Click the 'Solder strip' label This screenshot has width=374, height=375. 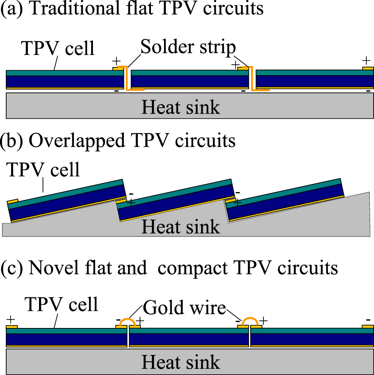[188, 48]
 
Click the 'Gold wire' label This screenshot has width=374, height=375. [184, 308]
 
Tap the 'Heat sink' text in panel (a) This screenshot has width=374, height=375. [181, 108]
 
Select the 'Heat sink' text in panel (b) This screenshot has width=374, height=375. [181, 227]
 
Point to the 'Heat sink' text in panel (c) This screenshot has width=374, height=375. [181, 362]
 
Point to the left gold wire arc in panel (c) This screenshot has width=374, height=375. [128, 321]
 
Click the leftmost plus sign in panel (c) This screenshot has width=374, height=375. [11, 321]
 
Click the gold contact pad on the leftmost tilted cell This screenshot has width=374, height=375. [13, 201]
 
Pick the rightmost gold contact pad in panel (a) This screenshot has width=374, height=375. [368, 68]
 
